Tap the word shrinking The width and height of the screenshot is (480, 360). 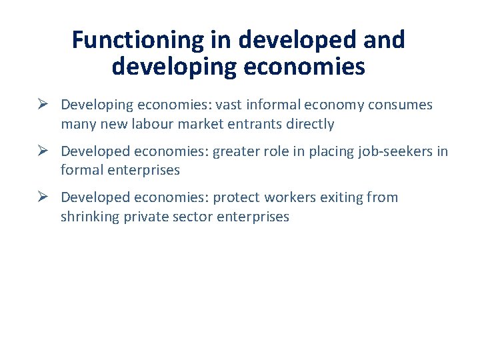point(90,217)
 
